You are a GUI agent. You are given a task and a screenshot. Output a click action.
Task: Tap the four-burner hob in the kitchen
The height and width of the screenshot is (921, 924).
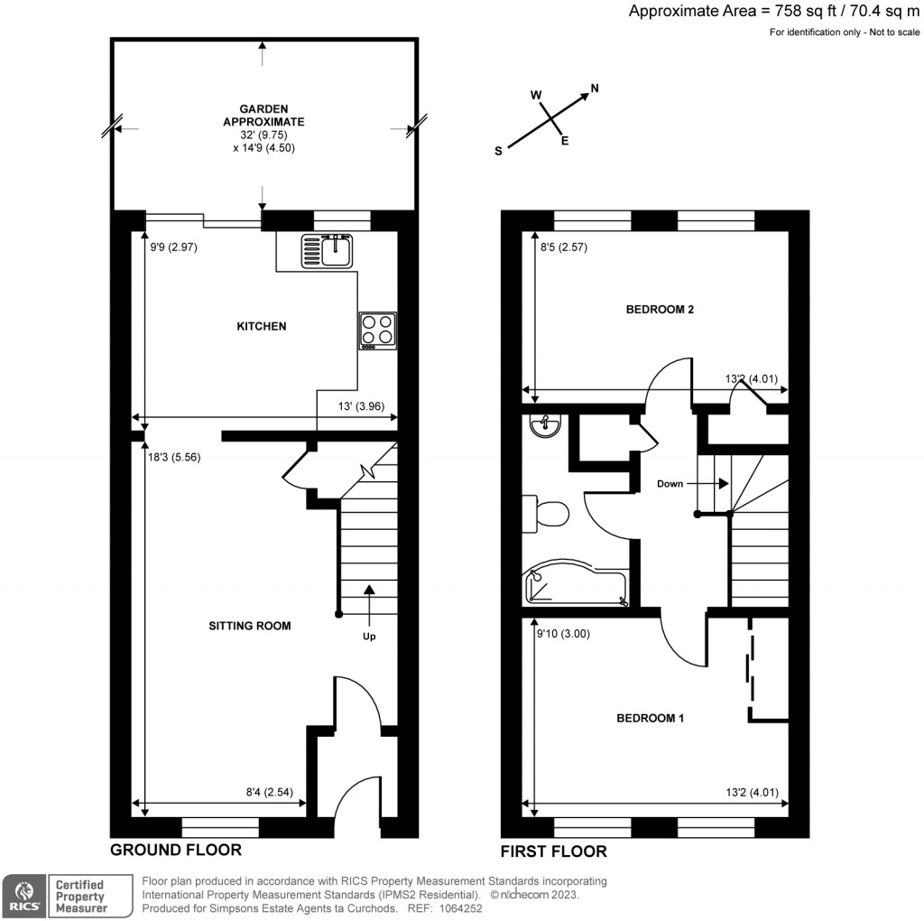click(x=377, y=330)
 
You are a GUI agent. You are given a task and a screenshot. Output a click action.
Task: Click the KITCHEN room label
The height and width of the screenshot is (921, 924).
click(x=261, y=326)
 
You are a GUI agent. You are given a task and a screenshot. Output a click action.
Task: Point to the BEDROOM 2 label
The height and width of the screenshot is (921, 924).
click(x=660, y=310)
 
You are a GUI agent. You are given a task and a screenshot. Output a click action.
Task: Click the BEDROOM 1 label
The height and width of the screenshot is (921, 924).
click(x=651, y=719)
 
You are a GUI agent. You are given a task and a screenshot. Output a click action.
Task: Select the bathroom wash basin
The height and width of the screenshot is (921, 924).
click(x=546, y=425)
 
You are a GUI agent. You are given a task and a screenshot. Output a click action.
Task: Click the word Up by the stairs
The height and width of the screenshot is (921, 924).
click(x=369, y=636)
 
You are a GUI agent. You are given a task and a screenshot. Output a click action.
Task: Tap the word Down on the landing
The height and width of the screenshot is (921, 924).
click(x=670, y=484)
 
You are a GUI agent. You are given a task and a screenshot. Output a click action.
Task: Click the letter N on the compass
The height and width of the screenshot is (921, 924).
click(x=595, y=88)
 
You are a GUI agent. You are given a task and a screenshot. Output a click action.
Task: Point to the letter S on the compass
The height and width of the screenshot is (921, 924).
click(x=497, y=152)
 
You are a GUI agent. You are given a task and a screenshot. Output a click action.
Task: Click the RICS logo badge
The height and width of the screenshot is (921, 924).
click(x=23, y=895)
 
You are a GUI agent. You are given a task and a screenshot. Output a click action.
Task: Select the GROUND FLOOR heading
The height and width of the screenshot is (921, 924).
click(x=176, y=850)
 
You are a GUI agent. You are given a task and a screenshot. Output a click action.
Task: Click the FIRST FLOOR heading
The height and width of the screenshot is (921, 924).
click(x=554, y=851)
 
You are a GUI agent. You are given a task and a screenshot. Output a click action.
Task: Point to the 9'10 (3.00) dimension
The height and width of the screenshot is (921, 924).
click(x=563, y=633)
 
